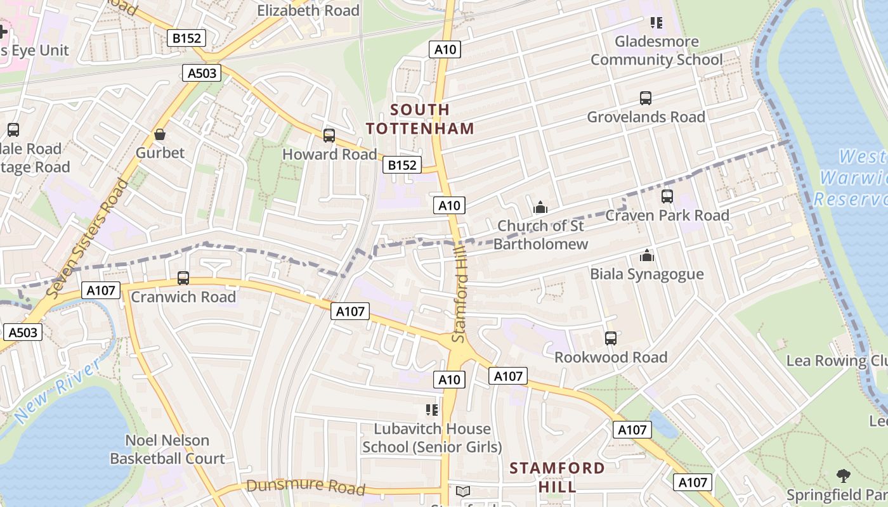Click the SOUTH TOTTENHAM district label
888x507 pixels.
pos(420,119)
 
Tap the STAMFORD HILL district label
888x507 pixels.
pos(557,477)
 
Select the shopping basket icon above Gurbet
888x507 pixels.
pos(160,134)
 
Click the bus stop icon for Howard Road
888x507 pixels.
pos(329,135)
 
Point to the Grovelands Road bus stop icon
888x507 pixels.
pos(646,98)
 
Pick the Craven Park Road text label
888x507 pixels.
pos(667,215)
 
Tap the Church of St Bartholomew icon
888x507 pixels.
pos(540,207)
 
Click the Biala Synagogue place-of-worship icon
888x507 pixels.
pos(647,255)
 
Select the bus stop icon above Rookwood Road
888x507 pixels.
pos(610,338)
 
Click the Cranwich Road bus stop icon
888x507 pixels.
pos(183,278)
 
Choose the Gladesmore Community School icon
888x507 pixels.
pos(656,23)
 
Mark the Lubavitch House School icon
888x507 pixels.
pos(432,410)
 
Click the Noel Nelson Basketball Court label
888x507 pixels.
pos(167,449)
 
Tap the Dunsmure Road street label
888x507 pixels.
pos(306,487)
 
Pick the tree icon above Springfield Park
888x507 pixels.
pos(843,475)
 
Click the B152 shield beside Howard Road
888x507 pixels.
pos(402,165)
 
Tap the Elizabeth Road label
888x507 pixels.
pos(308,10)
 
